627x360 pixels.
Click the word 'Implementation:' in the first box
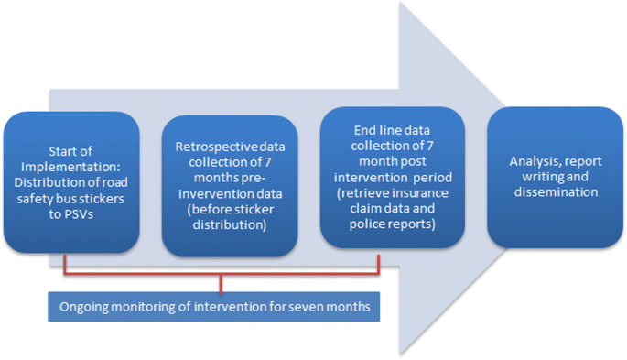71,166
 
